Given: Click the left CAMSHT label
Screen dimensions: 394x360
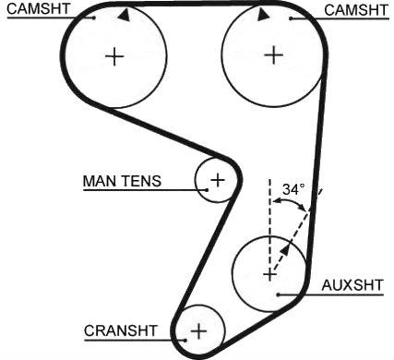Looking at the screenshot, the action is [39, 8].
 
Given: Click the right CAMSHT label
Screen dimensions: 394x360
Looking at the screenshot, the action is [356, 10].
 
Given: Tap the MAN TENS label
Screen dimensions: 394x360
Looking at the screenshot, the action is [122, 181].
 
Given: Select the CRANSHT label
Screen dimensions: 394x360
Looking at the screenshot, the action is [121, 331].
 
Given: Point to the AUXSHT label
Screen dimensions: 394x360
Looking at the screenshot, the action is [352, 285].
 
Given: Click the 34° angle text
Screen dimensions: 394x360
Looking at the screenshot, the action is [293, 189].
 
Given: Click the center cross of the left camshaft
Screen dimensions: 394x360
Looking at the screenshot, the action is [114, 56].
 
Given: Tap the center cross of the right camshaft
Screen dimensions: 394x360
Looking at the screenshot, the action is [273, 55].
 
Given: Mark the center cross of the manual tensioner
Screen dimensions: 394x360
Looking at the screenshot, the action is [218, 180].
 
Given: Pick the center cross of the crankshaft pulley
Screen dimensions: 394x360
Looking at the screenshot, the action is [199, 331].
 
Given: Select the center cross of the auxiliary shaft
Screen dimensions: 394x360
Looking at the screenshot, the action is [269, 274].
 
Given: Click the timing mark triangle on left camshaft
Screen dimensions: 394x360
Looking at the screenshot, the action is [124, 16].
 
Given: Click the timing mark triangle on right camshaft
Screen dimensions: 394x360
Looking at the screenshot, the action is [262, 15].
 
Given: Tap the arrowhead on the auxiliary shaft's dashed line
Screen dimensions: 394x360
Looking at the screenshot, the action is [286, 248].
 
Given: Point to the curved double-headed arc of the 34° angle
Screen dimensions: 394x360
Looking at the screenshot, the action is [290, 201].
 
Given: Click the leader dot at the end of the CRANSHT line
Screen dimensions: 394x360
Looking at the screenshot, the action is [185, 340].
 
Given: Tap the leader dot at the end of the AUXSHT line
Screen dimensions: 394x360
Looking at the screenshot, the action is [278, 294].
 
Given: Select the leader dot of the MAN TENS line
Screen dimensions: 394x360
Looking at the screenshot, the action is [207, 190].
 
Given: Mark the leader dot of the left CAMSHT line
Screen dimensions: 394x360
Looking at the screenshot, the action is [94, 18].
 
